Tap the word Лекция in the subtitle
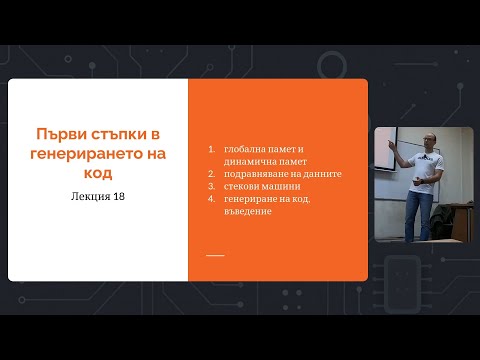[83, 196]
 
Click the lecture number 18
[118, 196]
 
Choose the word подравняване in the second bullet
[259, 173]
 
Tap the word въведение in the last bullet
[249, 211]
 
